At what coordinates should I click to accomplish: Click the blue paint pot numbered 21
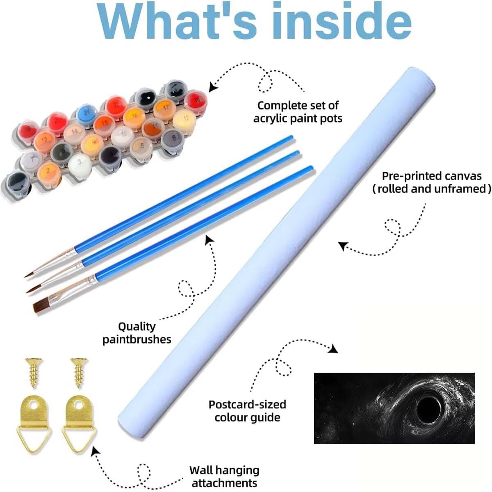point(87,113)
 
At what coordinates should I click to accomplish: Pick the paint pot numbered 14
point(74,132)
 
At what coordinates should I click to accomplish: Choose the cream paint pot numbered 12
point(184,119)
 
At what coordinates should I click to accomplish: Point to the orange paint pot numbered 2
point(49,171)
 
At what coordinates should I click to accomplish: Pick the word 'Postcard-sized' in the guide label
point(247,404)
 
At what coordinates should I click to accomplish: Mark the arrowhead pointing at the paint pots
point(213,87)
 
